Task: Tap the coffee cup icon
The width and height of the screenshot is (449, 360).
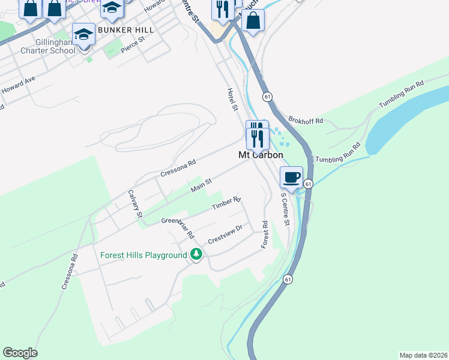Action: [291, 177]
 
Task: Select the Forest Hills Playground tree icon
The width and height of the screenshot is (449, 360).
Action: [196, 254]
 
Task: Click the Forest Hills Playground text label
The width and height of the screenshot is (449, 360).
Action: [143, 255]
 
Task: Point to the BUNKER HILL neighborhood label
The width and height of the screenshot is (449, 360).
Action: [125, 29]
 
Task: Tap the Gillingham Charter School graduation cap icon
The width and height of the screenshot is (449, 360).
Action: [83, 34]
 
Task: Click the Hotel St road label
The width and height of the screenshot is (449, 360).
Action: [232, 99]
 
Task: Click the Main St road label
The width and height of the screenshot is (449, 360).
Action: [202, 185]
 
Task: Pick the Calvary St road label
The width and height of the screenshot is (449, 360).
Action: [135, 204]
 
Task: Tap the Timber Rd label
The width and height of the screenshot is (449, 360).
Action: [226, 204]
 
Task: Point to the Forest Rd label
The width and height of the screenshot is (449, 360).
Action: [264, 235]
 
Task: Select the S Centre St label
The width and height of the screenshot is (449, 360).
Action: [286, 210]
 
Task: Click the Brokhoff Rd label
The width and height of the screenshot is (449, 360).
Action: [306, 121]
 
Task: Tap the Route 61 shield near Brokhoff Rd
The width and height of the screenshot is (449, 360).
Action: [267, 97]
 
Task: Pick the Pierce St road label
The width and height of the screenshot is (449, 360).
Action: [133, 45]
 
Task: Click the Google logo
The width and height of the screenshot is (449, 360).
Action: [20, 353]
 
